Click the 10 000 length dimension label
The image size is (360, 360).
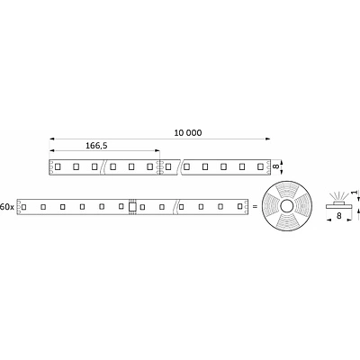187,133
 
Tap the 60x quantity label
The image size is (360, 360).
8,206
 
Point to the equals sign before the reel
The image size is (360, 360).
254,207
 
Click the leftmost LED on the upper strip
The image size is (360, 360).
58,166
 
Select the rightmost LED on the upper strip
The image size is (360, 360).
260,166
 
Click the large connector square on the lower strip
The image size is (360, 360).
133,207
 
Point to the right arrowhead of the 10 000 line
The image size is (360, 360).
266,139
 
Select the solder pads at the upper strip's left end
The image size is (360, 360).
50,166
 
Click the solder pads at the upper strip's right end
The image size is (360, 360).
266,166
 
